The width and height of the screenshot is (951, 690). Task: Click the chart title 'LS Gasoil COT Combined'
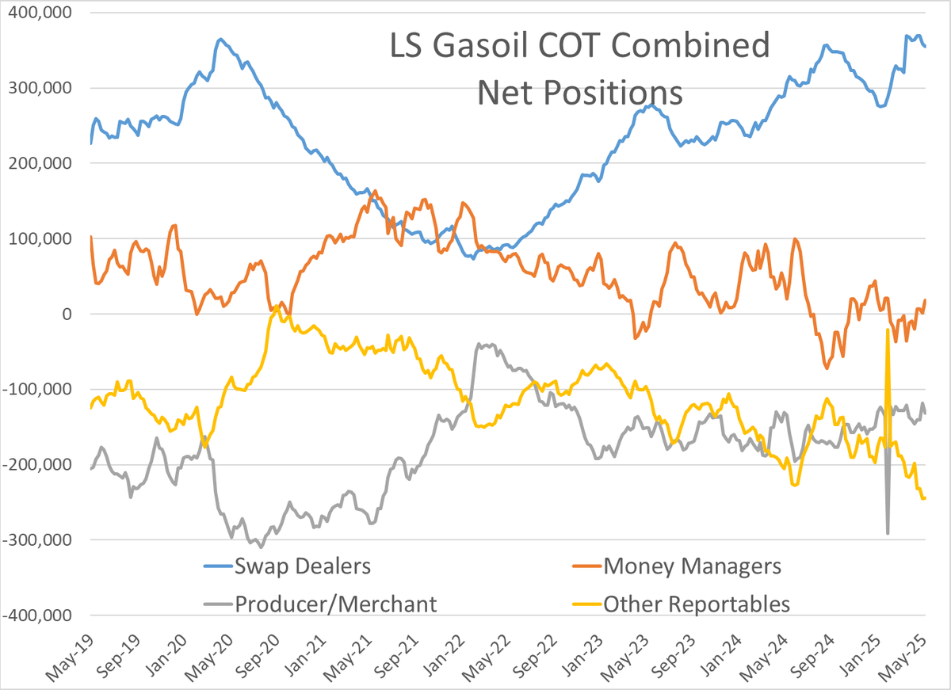(x=579, y=47)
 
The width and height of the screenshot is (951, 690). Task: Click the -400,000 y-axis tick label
(x=38, y=616)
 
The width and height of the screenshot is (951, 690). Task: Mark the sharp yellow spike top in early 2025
(x=888, y=330)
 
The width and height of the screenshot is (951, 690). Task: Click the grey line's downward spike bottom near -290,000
(x=888, y=532)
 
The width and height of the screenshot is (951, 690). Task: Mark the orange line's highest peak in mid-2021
(x=374, y=191)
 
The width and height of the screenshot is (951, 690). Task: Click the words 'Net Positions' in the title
(x=579, y=92)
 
